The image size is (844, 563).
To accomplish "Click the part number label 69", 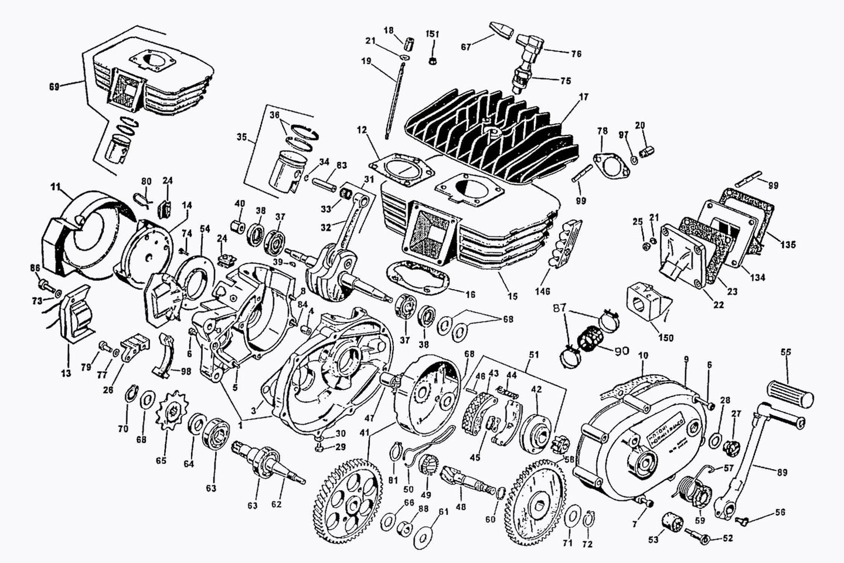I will coord(54,87).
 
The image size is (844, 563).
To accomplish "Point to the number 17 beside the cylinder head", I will coord(583,98).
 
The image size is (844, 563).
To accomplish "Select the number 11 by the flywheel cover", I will coord(56,188).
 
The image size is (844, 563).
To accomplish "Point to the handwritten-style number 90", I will coord(621,351).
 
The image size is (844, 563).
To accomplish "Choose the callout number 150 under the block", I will coord(666,338).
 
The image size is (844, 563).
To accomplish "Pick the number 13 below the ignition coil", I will coord(66,373).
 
